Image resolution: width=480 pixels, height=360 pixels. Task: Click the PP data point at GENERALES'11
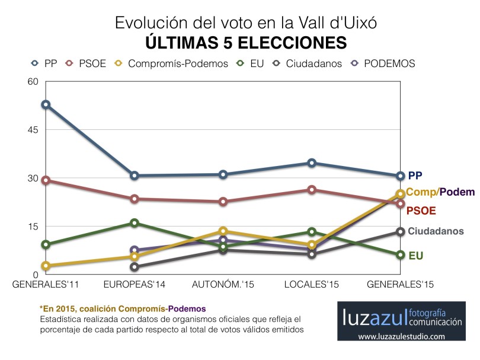pos(46,104)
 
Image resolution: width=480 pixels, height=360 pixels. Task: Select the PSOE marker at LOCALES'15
pos(312,190)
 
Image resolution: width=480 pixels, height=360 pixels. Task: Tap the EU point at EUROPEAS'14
pos(135,223)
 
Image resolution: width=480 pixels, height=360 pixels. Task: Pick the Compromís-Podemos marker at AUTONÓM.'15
pos(223,231)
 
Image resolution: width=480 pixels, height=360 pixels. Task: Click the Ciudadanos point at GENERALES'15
pos(400,232)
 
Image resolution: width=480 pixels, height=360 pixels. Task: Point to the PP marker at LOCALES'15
pos(312,163)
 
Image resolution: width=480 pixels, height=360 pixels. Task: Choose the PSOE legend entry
pos(86,63)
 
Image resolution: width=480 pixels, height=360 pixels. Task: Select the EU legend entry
pos(249,63)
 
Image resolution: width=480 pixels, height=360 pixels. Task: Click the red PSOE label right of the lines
pos(422,211)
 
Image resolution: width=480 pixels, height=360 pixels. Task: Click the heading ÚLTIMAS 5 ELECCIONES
pos(245,42)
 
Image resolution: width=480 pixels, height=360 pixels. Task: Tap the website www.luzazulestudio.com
pos(400,337)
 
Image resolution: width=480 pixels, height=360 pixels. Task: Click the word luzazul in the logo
pos(374,317)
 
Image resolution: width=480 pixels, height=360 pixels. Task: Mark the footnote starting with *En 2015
pos(123,308)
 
